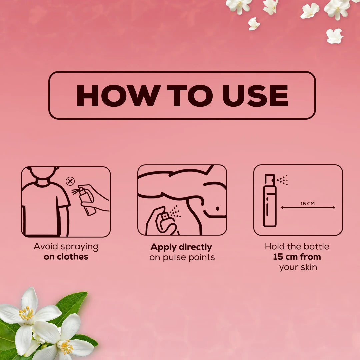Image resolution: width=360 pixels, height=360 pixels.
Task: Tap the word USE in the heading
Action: coord(255,96)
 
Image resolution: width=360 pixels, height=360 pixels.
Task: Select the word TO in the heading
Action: coord(190,96)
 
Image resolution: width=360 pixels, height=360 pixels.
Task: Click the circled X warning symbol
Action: coord(70,181)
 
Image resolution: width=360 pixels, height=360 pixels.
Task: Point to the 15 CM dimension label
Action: coord(307,203)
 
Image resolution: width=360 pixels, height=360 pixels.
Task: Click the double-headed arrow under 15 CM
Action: coord(308,208)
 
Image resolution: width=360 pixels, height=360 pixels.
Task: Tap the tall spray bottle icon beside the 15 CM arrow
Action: coord(270,201)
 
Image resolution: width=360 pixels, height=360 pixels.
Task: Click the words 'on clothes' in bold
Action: coord(66,256)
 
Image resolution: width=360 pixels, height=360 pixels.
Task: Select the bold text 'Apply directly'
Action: coord(181,247)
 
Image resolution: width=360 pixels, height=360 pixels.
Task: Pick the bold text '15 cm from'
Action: coord(297,257)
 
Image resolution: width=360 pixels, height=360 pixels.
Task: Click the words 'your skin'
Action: coord(298,267)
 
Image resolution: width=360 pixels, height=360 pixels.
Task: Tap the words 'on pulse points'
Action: coord(182,257)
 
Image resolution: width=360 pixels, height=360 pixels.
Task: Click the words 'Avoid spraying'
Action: coord(66,247)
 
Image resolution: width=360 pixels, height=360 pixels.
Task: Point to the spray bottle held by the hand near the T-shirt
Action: coord(87,201)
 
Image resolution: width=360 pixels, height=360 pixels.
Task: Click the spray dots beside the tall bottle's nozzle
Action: coord(282,180)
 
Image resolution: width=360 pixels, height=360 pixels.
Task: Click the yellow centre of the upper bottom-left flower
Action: coord(26,313)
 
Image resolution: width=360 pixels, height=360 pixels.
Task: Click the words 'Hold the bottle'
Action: coord(297,247)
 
